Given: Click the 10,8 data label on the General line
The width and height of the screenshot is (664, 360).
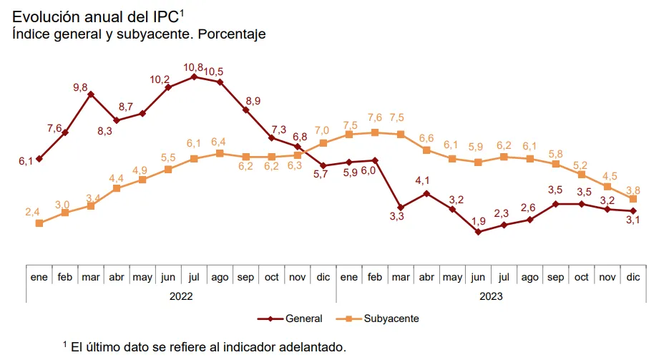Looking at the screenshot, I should tap(193, 67).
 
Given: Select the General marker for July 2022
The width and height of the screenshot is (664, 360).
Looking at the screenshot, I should tap(194, 76).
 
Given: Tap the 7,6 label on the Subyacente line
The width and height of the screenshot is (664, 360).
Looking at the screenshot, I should tap(375, 117).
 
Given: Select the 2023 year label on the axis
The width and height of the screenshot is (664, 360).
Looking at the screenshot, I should tap(490, 296).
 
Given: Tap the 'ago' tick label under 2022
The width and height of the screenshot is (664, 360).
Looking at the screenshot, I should tap(220, 276).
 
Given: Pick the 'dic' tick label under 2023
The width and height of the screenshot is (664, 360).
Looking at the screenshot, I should tap(633, 276).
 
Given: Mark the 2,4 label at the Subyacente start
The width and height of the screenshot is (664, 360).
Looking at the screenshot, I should tap(32, 212).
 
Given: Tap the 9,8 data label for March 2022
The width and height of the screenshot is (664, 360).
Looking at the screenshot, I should tap(80, 87).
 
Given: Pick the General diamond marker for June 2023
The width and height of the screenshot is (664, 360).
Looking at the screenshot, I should tap(478, 232).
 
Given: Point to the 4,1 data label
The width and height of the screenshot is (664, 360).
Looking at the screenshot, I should tap(422, 180).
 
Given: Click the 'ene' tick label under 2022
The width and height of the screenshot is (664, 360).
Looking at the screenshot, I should tap(39, 276).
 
